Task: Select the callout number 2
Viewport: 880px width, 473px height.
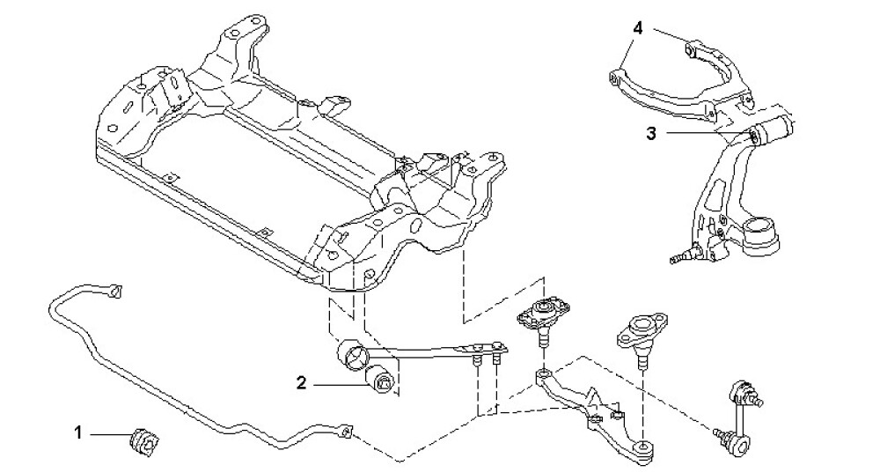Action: [301, 382]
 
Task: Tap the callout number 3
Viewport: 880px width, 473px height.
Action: [650, 134]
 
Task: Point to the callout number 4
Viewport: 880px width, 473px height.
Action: [637, 28]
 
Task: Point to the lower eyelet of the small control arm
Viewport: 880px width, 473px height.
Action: [646, 447]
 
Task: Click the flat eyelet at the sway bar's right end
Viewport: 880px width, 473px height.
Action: [347, 431]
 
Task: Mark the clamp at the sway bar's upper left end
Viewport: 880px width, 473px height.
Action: [113, 290]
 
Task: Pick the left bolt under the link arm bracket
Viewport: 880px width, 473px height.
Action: [477, 360]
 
